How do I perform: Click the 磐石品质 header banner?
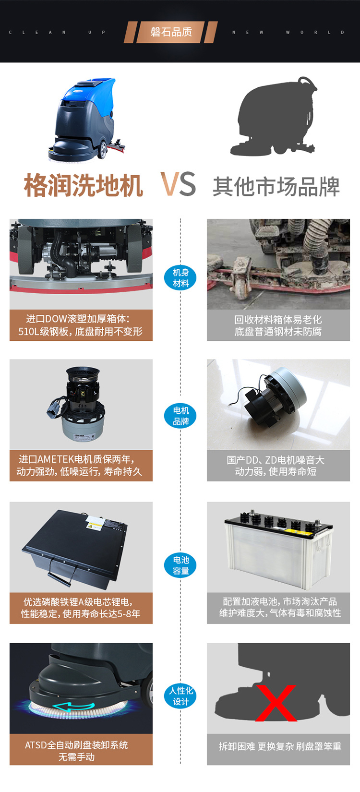(x=171, y=32)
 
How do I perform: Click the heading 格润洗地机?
(x=84, y=185)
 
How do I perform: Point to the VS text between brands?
(x=178, y=184)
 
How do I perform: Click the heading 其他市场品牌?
(x=276, y=186)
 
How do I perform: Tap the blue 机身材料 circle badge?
(x=180, y=277)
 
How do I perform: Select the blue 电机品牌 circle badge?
(x=180, y=416)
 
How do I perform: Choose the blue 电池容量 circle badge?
(x=180, y=565)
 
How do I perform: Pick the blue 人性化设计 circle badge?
(x=180, y=696)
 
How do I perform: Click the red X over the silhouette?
(x=276, y=703)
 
